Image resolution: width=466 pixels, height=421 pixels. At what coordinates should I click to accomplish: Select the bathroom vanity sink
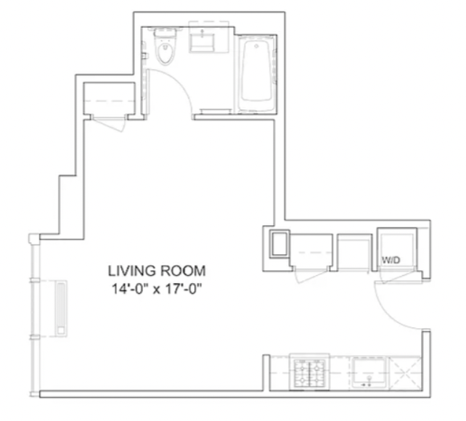click(202, 43)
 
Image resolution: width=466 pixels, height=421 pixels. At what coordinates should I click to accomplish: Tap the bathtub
click(256, 73)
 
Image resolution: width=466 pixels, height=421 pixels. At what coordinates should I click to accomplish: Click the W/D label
click(391, 261)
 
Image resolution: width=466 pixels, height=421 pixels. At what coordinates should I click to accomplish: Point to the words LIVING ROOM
click(157, 271)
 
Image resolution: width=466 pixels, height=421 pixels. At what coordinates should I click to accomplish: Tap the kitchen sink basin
click(369, 372)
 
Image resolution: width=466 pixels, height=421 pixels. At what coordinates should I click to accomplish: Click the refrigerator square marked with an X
click(405, 373)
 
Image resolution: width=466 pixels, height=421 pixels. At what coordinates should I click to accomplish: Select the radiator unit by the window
click(61, 308)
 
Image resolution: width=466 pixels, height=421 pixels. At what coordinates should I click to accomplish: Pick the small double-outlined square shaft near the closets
click(279, 244)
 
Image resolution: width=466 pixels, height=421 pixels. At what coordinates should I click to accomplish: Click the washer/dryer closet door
click(398, 276)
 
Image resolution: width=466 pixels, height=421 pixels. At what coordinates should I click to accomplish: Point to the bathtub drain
click(256, 46)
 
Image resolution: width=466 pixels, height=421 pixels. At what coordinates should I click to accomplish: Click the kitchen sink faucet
click(369, 382)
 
